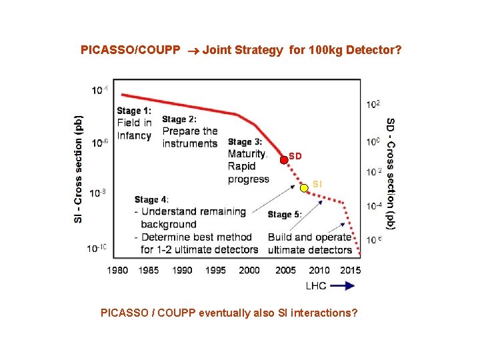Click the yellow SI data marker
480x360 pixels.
[304, 188]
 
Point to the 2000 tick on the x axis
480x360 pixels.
[249, 270]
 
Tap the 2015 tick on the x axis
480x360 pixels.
[351, 270]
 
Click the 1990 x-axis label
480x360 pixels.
[182, 270]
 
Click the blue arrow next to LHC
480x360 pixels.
[342, 285]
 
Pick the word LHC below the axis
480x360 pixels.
[316, 285]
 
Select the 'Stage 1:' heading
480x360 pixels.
[134, 111]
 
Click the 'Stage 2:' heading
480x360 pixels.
[179, 119]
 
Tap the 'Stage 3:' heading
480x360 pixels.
[245, 141]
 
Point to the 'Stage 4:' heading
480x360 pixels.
[151, 199]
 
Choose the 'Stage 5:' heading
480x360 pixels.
[285, 214]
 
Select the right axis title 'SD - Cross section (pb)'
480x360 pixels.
[391, 173]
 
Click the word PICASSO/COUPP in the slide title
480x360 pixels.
[130, 50]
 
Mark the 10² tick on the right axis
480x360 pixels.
[373, 104]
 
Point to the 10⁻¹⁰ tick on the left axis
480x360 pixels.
[97, 248]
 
